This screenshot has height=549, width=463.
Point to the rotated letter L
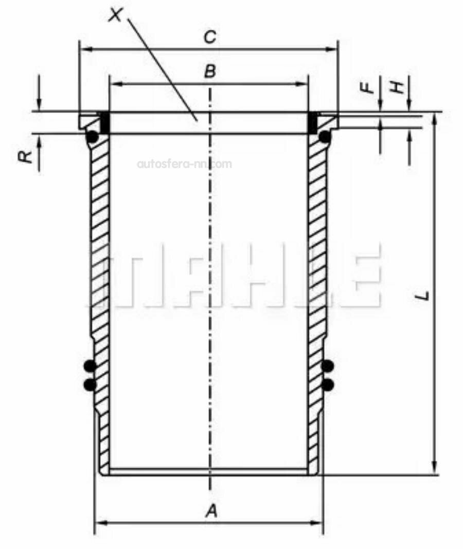click(423, 296)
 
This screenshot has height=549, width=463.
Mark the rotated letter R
click(26, 156)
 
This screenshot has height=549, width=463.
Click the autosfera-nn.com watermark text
click(184, 164)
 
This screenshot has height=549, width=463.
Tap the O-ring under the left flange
click(93, 137)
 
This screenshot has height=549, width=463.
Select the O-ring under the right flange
click(325, 137)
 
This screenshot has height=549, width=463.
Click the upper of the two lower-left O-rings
click(90, 366)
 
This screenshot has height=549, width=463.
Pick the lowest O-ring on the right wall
click(328, 385)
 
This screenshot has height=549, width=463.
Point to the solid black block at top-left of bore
click(104, 122)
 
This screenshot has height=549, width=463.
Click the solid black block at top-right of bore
click(312, 122)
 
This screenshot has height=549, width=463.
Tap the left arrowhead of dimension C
click(85, 49)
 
